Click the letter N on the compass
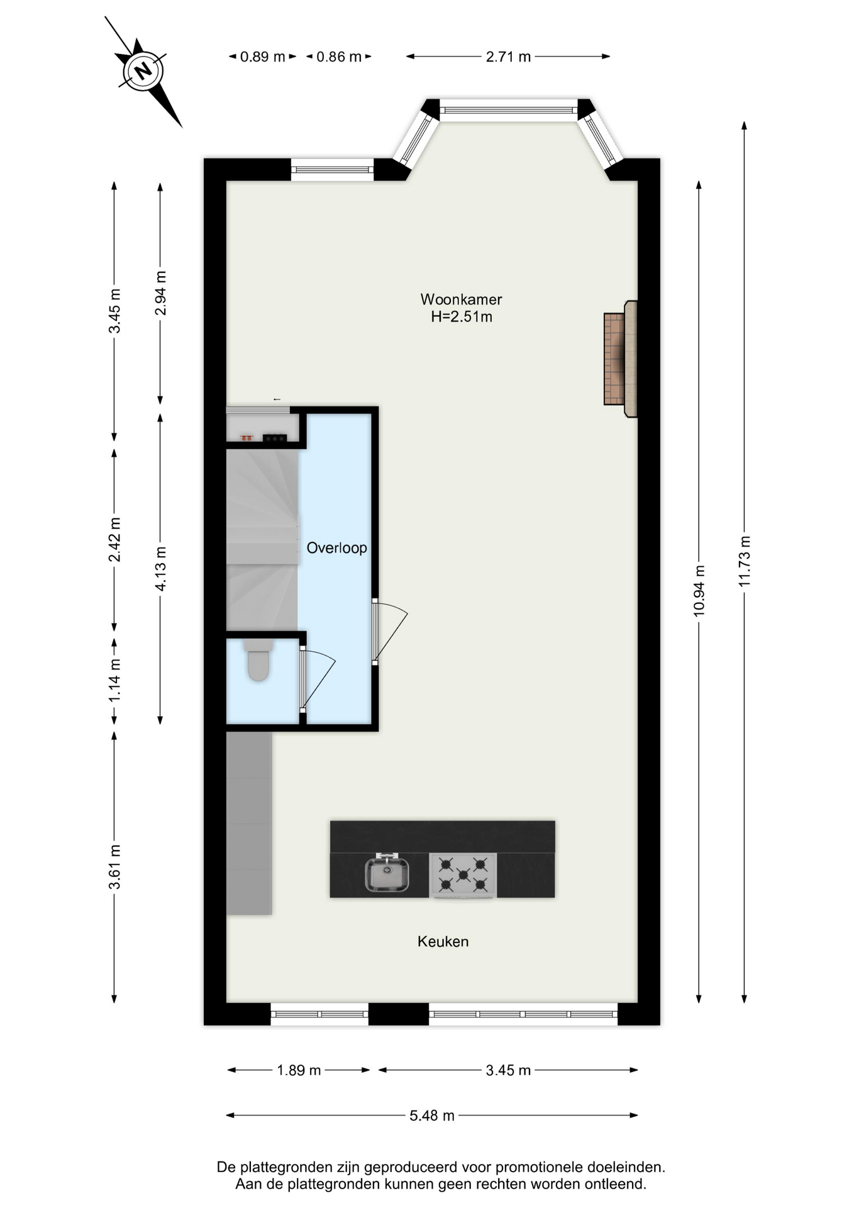pyautogui.click(x=144, y=70)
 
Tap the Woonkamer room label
pyautogui.click(x=461, y=299)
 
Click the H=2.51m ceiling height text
pyautogui.click(x=461, y=316)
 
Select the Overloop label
pyautogui.click(x=336, y=548)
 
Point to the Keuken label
pyautogui.click(x=443, y=942)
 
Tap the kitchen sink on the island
pyautogui.click(x=387, y=873)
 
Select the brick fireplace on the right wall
pyautogui.click(x=620, y=359)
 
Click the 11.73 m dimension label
pyautogui.click(x=745, y=561)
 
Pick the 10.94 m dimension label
pyautogui.click(x=699, y=591)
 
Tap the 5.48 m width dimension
pyautogui.click(x=432, y=1116)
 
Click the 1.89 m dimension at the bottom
pyautogui.click(x=299, y=1070)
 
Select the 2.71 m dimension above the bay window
pyautogui.click(x=508, y=57)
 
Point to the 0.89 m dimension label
pyautogui.click(x=263, y=57)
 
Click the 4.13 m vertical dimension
pyautogui.click(x=160, y=569)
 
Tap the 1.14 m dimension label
pyautogui.click(x=114, y=681)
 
